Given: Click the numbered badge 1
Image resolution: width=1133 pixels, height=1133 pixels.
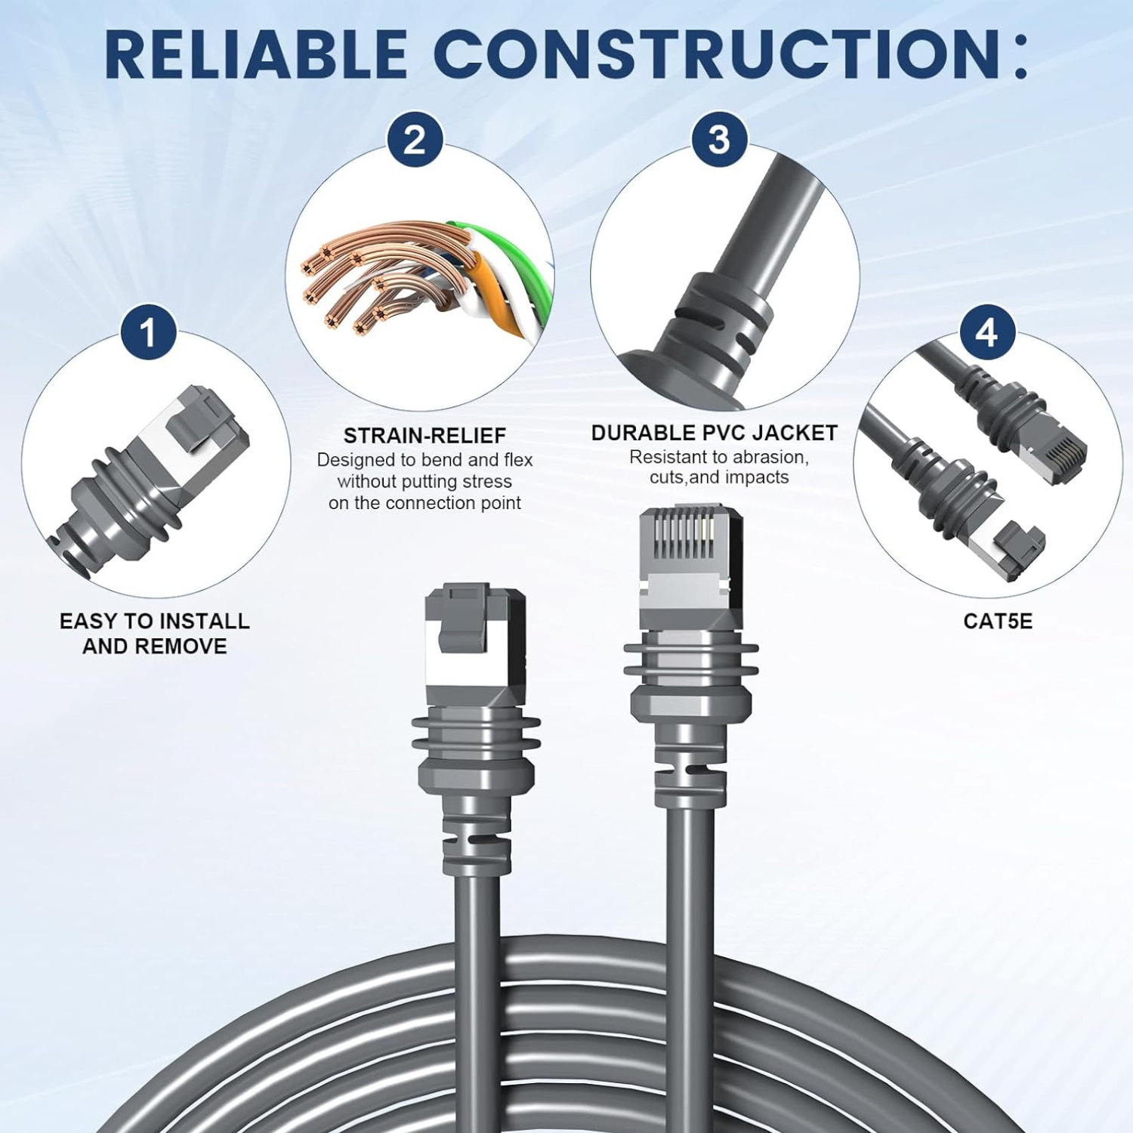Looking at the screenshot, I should (148, 332).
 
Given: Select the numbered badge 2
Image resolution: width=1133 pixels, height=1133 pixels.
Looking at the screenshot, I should (415, 140).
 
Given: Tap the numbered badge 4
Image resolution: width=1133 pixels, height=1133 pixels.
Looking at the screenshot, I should (986, 332).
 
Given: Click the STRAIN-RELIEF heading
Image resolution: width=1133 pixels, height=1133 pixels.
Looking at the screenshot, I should (424, 436).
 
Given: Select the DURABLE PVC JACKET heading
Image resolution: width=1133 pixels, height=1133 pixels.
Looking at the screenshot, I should (715, 433).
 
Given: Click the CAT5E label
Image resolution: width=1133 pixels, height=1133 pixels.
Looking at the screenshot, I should (998, 621).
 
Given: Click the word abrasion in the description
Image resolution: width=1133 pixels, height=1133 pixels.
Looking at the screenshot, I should (770, 457).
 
